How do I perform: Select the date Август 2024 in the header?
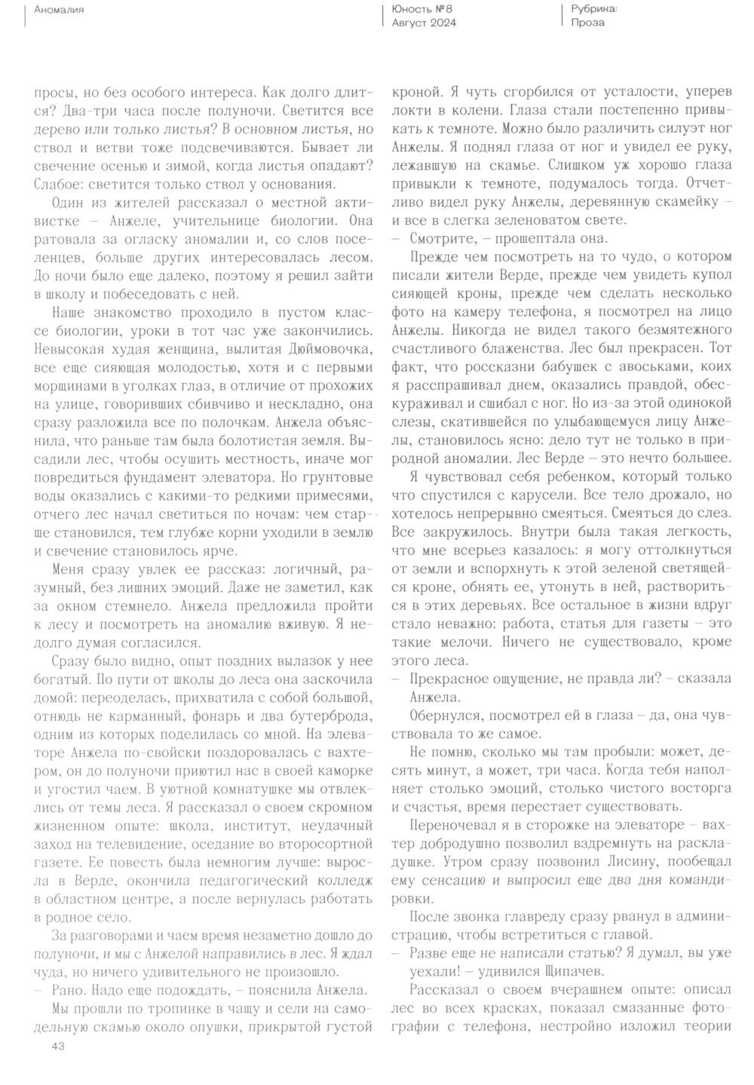tap(424, 23)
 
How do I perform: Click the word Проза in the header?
tap(587, 23)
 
